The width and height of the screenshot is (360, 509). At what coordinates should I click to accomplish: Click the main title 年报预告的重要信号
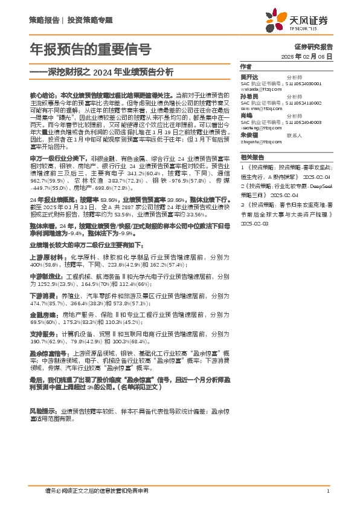tap(91, 49)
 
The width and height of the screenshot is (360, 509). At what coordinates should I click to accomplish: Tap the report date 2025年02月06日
tap(307, 56)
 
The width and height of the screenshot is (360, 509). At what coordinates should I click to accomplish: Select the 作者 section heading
tap(245, 66)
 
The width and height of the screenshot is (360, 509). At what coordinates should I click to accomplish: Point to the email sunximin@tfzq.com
tap(260, 109)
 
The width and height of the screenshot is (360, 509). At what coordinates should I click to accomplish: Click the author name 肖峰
tap(246, 115)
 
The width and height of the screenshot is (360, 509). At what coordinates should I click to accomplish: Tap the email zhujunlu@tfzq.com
tap(260, 141)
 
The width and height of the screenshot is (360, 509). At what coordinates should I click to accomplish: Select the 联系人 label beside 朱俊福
tap(294, 135)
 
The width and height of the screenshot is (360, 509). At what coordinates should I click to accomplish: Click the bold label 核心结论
tap(43, 96)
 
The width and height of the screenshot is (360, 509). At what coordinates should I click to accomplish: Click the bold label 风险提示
tap(42, 411)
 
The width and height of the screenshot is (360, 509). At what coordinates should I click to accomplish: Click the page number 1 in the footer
tap(327, 491)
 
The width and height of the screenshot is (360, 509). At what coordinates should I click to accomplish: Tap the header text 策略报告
tap(44, 20)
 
